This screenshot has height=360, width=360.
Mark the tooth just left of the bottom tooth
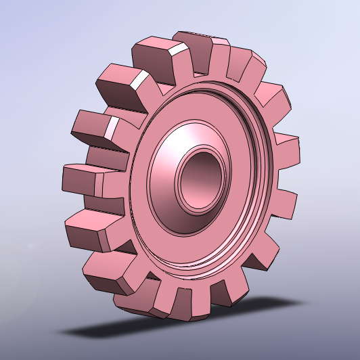pyautogui.click(x=145, y=298)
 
